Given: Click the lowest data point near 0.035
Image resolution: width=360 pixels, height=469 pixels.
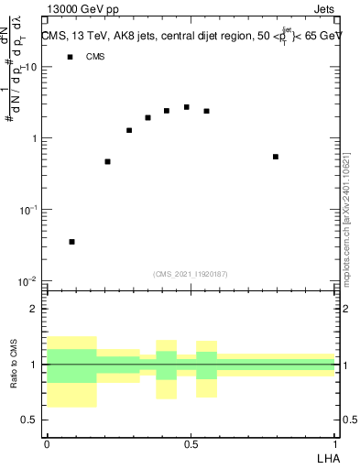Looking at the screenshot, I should pyautogui.click(x=71, y=242).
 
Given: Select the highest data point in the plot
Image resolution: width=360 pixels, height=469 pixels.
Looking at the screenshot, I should pyautogui.click(x=186, y=107).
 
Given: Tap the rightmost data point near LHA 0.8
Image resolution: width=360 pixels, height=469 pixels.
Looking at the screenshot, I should pyautogui.click(x=275, y=157).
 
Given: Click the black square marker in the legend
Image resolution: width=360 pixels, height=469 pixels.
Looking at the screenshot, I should pyautogui.click(x=70, y=57).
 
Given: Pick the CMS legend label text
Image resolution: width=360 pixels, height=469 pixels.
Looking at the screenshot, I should pyautogui.click(x=95, y=57).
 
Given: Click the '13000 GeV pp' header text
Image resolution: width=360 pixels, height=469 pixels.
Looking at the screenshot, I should pyautogui.click(x=81, y=10).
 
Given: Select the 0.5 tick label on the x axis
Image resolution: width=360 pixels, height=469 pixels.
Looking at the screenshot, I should pyautogui.click(x=191, y=443).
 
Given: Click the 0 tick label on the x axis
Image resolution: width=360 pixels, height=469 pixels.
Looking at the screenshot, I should pyautogui.click(x=47, y=443).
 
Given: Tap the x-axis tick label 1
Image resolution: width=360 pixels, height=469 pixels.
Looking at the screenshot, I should pyautogui.click(x=334, y=443).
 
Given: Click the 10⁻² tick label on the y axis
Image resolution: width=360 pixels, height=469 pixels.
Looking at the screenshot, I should pyautogui.click(x=28, y=279).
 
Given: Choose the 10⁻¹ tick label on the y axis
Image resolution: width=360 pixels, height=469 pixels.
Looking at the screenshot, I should pyautogui.click(x=28, y=209).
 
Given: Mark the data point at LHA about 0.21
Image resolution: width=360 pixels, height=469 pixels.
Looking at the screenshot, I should pyautogui.click(x=107, y=161).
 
